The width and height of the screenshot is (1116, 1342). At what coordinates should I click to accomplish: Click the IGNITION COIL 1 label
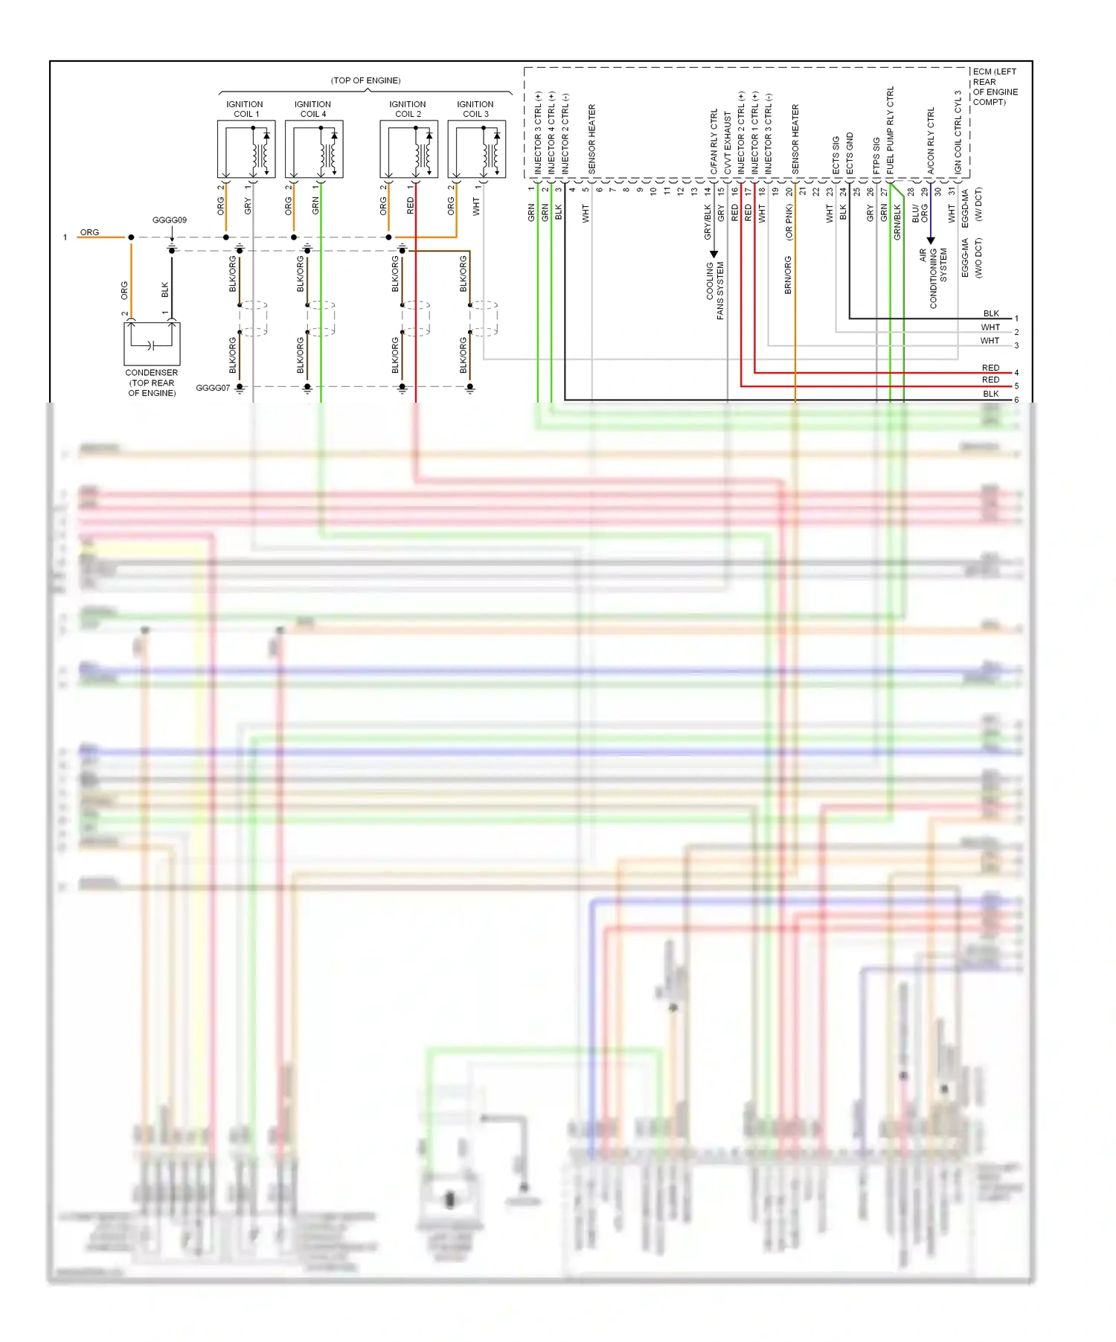(x=245, y=109)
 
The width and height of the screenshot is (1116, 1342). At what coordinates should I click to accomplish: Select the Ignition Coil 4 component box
(x=313, y=150)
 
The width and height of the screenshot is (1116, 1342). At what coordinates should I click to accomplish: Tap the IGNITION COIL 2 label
(x=408, y=109)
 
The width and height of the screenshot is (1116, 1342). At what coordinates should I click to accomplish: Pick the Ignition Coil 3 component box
(x=476, y=150)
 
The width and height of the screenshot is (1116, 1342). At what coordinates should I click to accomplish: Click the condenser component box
(x=152, y=343)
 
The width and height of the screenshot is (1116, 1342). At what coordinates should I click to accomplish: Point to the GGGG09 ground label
(x=170, y=220)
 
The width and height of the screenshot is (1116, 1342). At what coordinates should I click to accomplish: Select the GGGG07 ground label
(x=213, y=388)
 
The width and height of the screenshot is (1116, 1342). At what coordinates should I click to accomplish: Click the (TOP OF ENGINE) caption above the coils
(x=365, y=80)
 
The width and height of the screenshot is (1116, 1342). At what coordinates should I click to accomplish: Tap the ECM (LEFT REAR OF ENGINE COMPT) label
(x=994, y=87)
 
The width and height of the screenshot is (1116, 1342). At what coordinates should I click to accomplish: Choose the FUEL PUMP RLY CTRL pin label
(x=891, y=131)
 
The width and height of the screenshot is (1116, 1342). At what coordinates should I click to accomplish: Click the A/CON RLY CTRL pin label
(x=931, y=141)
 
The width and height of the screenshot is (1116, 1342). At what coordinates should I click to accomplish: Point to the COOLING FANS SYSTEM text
(x=715, y=290)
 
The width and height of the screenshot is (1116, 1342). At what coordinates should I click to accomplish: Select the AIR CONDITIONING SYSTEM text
(x=933, y=278)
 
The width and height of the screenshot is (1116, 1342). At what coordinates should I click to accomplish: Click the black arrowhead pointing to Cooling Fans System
(x=713, y=255)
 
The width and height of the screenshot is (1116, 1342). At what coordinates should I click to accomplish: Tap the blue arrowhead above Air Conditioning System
(x=931, y=240)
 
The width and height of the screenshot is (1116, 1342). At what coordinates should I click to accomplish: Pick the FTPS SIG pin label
(x=877, y=156)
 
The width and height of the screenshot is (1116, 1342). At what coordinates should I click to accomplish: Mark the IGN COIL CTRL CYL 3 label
(x=958, y=133)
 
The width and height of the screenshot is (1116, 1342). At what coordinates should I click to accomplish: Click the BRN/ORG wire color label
(x=789, y=275)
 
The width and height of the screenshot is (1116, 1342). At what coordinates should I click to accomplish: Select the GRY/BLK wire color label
(x=708, y=223)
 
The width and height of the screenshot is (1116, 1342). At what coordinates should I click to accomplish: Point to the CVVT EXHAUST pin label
(x=728, y=144)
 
